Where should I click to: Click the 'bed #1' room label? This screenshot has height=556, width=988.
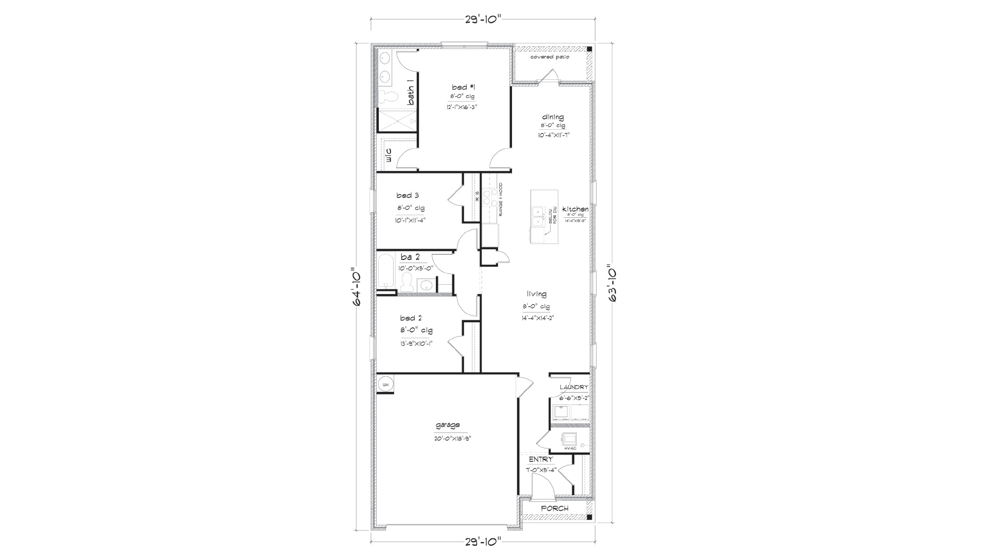click(460, 87)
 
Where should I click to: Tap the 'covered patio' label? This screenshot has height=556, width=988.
click(550, 57)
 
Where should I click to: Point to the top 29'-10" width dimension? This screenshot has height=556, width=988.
click(483, 20)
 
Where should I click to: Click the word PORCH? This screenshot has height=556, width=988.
click(554, 508)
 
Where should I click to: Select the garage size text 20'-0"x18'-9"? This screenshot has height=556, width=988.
click(452, 439)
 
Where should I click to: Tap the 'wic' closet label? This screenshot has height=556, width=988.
click(389, 155)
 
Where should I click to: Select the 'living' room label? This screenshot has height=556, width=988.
click(536, 294)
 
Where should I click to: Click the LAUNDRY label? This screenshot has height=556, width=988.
click(573, 387)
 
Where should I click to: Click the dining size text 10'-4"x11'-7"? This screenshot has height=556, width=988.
click(553, 135)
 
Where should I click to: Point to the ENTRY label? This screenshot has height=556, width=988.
click(540, 459)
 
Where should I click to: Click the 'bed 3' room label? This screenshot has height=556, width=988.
click(407, 195)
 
